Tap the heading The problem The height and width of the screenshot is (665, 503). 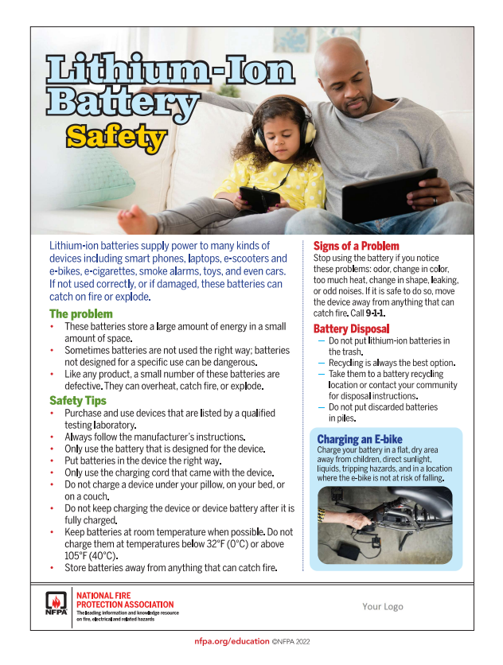point(81,314)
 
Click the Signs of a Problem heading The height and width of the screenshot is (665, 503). point(356,247)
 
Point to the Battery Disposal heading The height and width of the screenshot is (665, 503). point(351,329)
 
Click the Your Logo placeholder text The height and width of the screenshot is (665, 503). point(383,606)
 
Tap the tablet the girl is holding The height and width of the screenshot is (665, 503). point(259,197)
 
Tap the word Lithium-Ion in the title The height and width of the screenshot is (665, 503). point(170,72)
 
